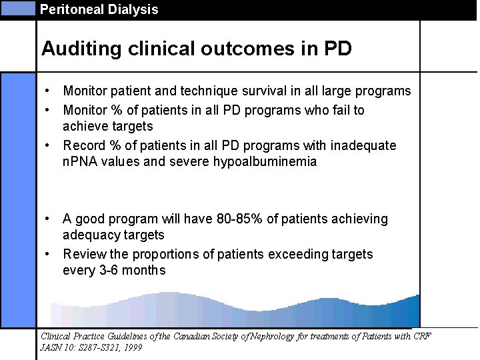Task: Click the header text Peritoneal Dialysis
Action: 99,9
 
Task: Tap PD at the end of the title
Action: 338,49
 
